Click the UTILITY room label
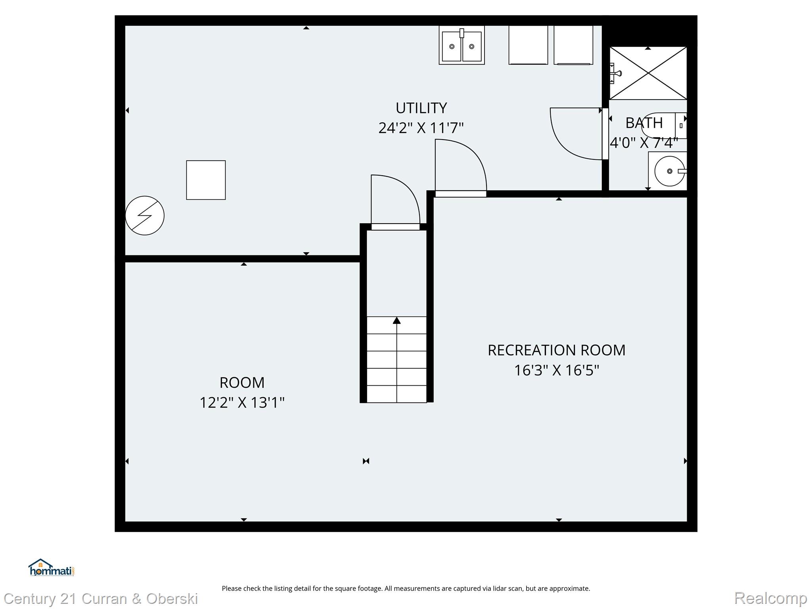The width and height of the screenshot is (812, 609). coord(421,108)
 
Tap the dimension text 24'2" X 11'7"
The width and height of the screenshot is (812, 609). coord(421,128)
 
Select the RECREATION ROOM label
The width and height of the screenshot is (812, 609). coord(556,350)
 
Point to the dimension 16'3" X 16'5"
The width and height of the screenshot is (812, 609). coord(556,370)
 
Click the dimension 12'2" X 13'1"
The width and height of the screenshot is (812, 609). coord(242,403)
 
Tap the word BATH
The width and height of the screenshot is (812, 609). coord(644,123)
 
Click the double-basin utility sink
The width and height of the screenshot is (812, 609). coord(462,46)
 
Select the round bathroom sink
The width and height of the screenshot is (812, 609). coord(669,171)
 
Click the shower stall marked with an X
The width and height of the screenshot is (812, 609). coord(648,73)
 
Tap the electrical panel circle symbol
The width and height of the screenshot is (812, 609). coord(145,215)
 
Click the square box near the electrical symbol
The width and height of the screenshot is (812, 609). coord(206,180)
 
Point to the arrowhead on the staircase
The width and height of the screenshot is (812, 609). coord(396,320)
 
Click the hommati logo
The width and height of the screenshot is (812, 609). coord(51,568)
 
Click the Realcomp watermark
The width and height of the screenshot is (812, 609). coord(770,598)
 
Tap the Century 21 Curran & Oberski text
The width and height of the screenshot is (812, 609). coord(101,598)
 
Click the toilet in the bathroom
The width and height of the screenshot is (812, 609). coord(663,125)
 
